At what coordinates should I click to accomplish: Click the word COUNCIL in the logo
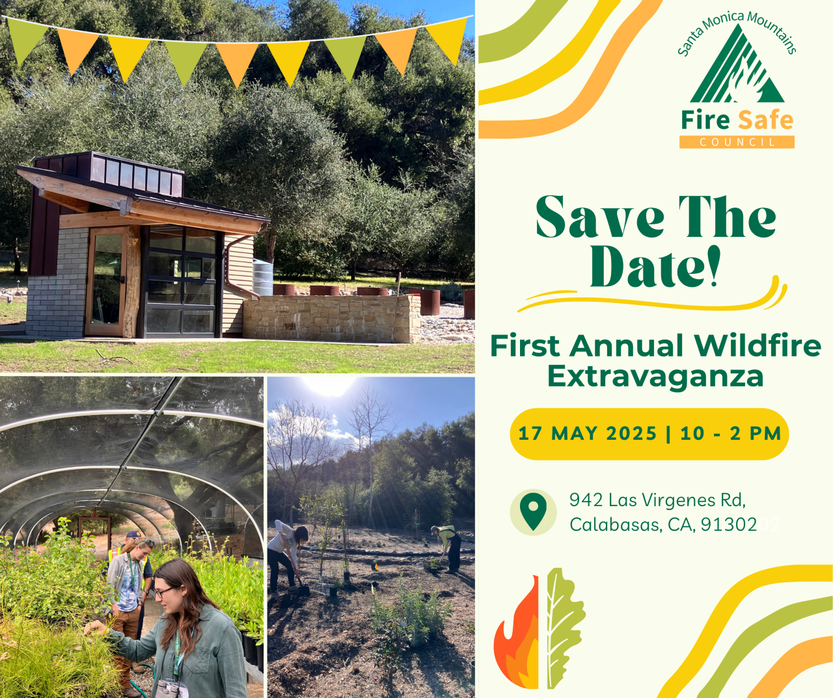coord(737,142)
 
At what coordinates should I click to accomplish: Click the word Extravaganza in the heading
coord(655,376)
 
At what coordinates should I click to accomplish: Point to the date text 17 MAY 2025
coord(587,434)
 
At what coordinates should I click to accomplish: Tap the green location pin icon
coord(533,511)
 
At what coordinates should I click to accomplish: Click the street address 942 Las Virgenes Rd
coord(657,500)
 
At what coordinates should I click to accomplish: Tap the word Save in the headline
coord(599,218)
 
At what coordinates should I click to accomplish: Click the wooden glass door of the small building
coord(107,281)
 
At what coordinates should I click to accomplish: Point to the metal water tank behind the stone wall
coord(262,277)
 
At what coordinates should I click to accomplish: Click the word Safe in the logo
coord(765,120)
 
